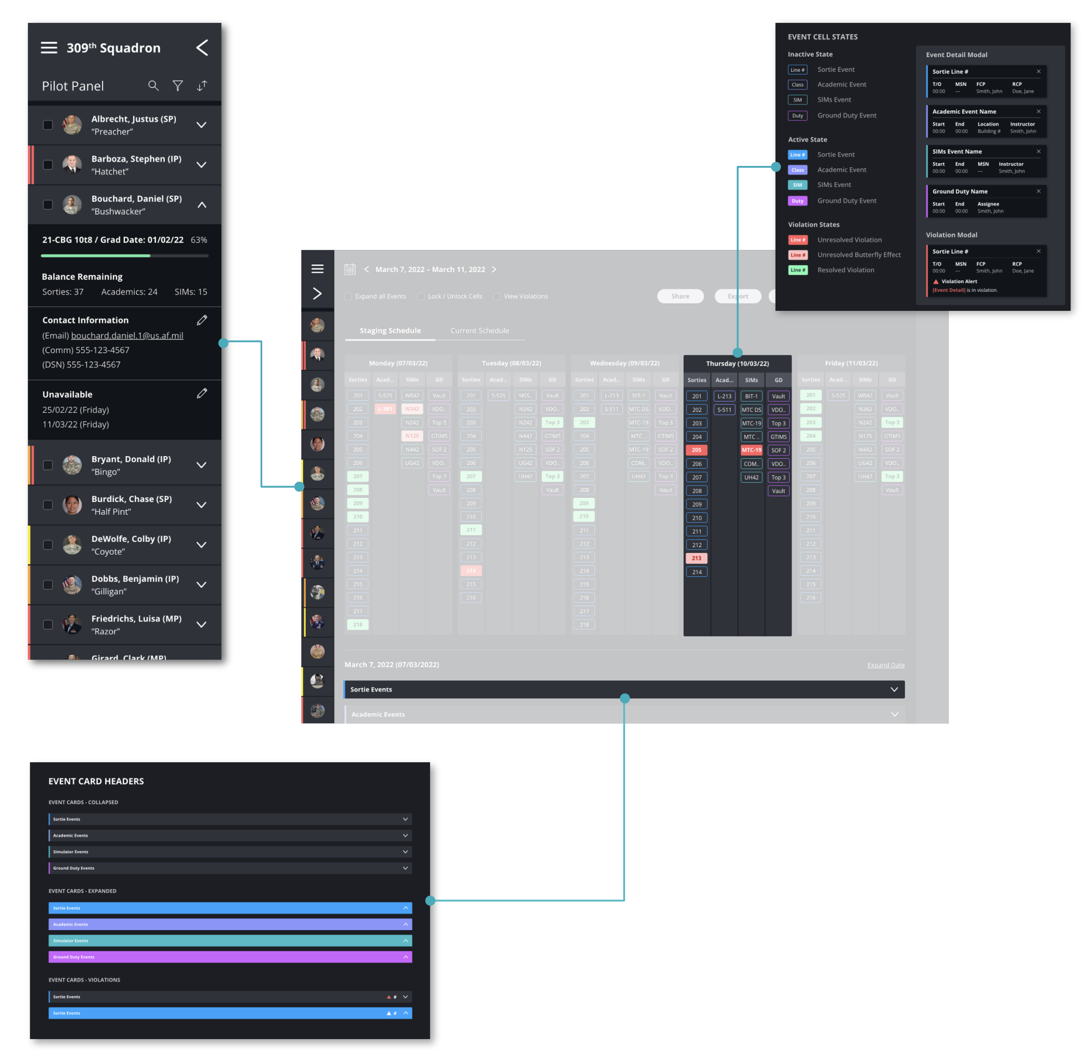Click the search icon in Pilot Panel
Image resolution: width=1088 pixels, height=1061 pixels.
(153, 86)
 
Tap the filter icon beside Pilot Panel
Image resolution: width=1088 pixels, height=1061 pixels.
(177, 86)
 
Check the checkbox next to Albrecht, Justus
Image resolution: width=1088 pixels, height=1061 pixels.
(48, 125)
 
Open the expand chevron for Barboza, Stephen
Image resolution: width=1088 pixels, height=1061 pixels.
(201, 165)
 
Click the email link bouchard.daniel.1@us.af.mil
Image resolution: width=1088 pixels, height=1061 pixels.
(126, 335)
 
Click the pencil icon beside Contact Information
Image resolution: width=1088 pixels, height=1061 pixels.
(202, 320)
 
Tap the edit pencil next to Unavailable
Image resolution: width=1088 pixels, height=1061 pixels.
(202, 393)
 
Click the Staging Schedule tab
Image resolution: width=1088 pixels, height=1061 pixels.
(390, 330)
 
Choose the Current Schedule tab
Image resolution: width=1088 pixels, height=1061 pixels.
(480, 330)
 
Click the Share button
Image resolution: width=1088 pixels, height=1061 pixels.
(680, 296)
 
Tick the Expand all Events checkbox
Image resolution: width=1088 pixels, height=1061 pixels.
(349, 296)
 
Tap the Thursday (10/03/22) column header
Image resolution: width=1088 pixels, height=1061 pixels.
(737, 363)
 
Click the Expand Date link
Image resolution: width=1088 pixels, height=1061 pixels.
(885, 665)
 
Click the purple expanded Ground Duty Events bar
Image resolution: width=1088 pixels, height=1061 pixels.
(230, 957)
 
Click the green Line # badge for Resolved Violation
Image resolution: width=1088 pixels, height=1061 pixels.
(797, 270)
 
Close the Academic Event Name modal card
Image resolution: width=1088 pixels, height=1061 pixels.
(1038, 111)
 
